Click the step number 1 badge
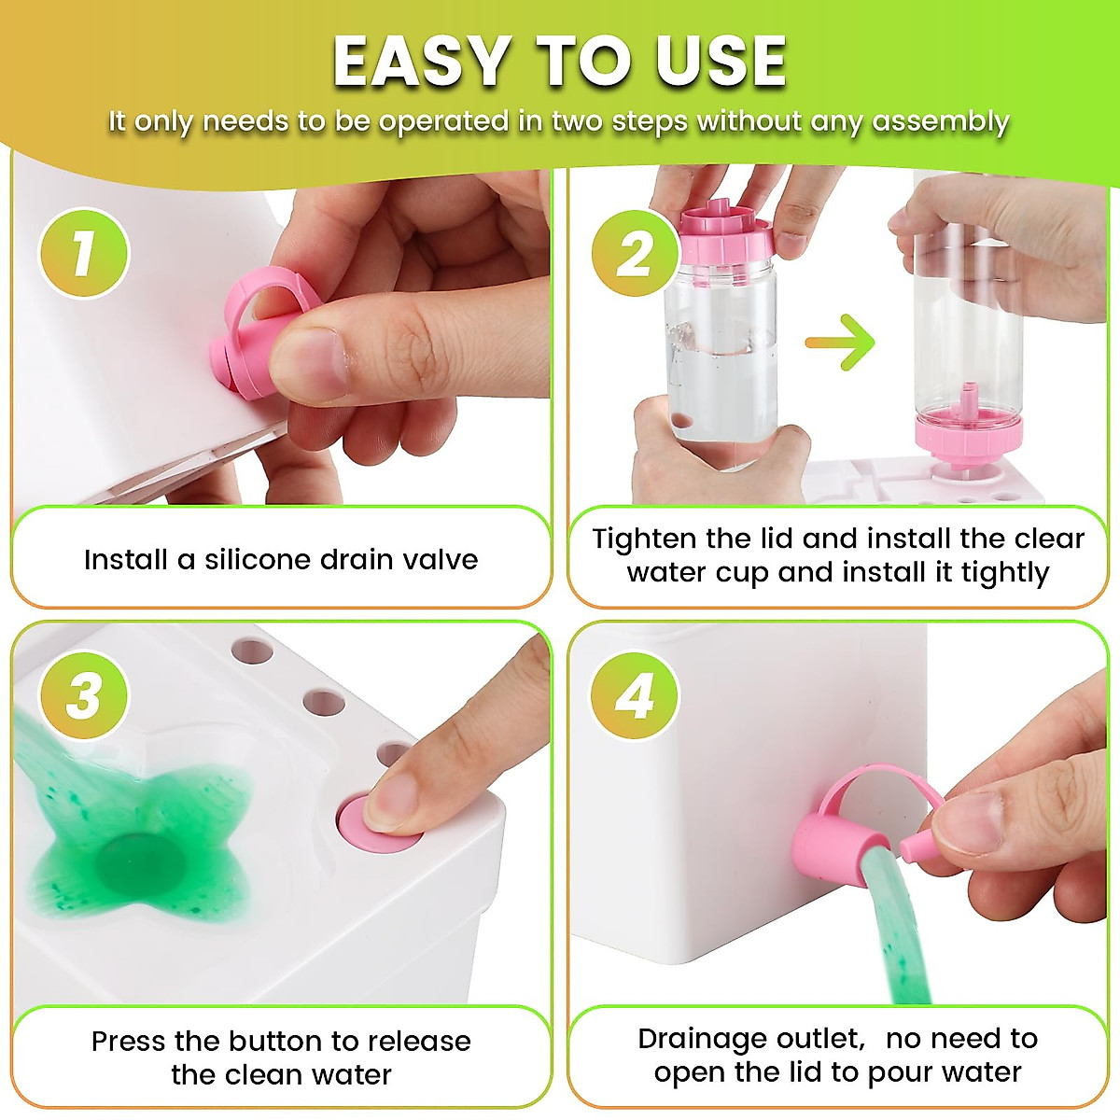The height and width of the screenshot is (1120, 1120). pos(83,253)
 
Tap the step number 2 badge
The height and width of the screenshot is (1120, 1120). pos(636,253)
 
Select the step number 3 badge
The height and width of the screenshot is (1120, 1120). pos(83,695)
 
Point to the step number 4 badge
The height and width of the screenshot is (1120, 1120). pos(636,695)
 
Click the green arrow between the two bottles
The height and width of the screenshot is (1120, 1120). pos(841,342)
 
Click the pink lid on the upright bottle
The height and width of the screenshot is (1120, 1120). pos(726,233)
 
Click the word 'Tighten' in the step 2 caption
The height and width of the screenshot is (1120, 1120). pos(645,539)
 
